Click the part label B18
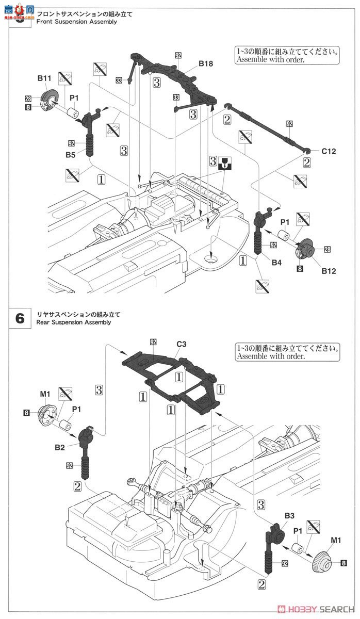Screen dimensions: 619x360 [x=206, y=64]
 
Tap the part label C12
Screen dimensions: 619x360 [x=329, y=151]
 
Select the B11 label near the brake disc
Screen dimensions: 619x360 [x=45, y=78]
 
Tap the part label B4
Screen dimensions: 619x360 [x=277, y=263]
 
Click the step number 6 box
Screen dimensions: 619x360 [x=20, y=318]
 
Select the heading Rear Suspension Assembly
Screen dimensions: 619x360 [x=74, y=322]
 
